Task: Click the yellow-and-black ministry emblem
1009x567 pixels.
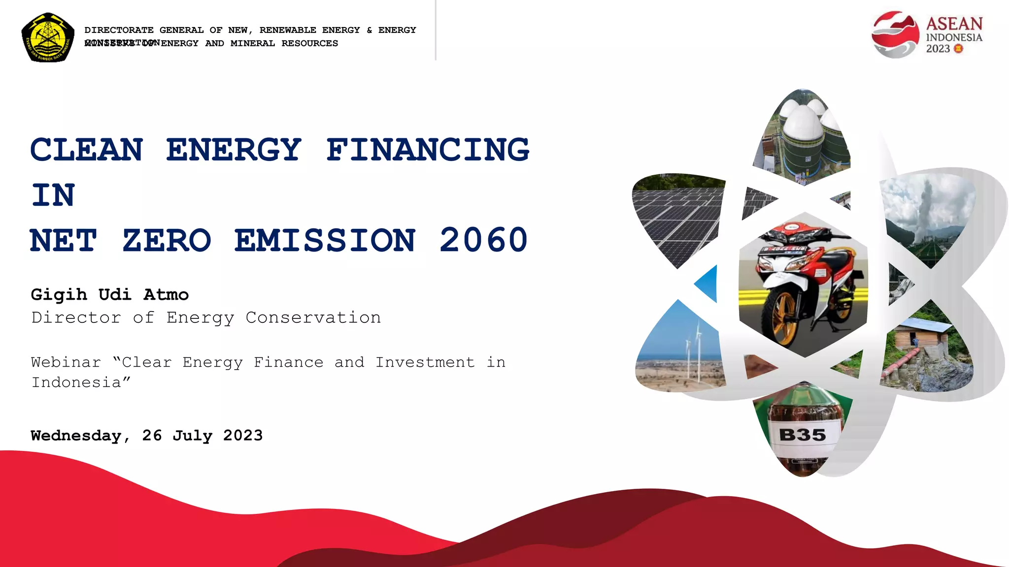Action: (x=48, y=37)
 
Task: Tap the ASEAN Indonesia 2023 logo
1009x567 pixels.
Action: (x=927, y=35)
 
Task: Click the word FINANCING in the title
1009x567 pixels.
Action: (x=428, y=150)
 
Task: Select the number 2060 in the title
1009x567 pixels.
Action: (x=483, y=240)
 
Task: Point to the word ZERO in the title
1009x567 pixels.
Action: (x=167, y=240)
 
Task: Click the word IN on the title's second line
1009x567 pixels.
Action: (x=53, y=195)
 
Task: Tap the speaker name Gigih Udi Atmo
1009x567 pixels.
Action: (x=109, y=294)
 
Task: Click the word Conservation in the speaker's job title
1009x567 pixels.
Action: (x=313, y=317)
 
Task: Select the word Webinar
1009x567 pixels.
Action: (x=66, y=362)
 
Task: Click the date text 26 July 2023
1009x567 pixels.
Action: (x=202, y=436)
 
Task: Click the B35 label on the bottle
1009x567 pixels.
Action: (x=803, y=435)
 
